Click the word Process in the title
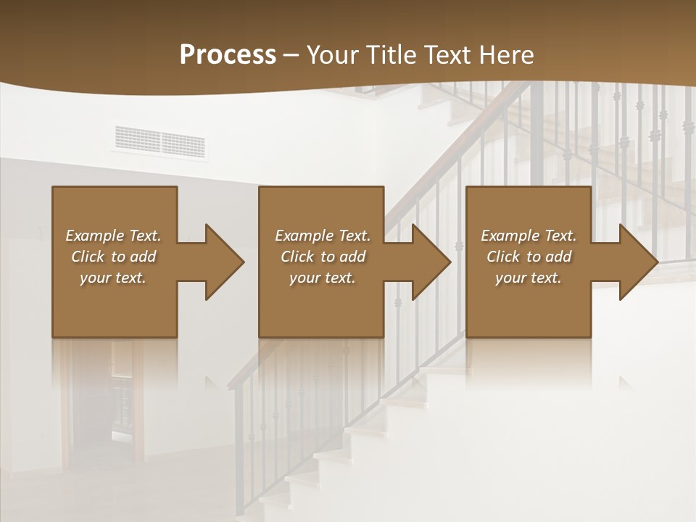point(228,55)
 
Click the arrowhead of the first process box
point(220,262)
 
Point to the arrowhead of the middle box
point(428,262)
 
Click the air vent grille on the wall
point(159,141)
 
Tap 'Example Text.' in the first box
point(113,236)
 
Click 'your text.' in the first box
point(113,278)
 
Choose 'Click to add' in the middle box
point(323,257)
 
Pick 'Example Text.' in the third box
point(529,236)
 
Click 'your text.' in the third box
point(529,278)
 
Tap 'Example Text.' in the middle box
point(323,236)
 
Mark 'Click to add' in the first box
point(113,257)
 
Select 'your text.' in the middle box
point(323,278)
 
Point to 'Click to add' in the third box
point(529,257)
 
